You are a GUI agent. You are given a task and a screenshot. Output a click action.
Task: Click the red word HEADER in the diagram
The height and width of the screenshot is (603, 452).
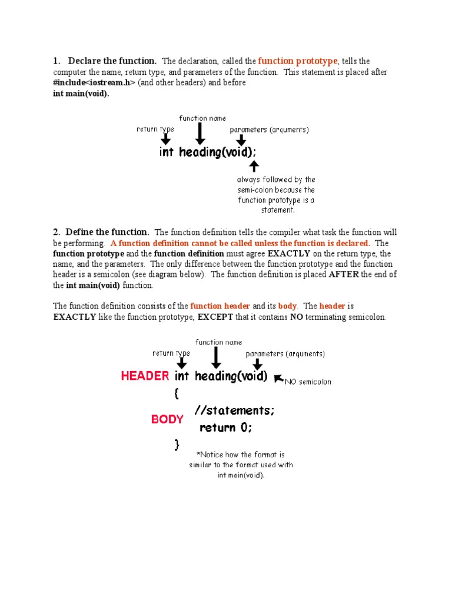[145, 376]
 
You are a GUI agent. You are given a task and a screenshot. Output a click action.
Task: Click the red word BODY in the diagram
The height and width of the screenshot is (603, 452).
[167, 419]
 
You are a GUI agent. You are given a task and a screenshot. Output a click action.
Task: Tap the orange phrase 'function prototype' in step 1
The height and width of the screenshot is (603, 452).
[297, 61]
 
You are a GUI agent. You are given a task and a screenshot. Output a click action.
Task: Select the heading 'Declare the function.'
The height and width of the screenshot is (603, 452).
[112, 61]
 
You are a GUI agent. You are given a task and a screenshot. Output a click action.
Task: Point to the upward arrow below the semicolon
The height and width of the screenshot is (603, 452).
[254, 165]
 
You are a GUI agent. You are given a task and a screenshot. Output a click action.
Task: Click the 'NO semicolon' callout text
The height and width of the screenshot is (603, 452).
[308, 382]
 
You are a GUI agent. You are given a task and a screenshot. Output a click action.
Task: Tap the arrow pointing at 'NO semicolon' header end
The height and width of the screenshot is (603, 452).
[279, 379]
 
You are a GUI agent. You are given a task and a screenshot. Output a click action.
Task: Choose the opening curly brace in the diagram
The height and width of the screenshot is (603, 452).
[177, 395]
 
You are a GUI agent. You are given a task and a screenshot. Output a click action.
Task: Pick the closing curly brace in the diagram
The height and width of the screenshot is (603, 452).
[177, 444]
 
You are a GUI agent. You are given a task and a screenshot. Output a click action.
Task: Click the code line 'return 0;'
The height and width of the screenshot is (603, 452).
[226, 428]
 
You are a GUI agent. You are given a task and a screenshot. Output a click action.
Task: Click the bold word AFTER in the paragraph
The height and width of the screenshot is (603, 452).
[344, 275]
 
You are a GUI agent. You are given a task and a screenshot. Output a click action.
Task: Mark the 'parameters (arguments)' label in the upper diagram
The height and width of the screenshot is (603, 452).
[269, 130]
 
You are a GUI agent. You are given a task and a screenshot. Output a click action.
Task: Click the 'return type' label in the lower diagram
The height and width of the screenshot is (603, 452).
[171, 353]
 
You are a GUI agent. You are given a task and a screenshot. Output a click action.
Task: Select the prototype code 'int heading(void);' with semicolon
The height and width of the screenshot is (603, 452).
[208, 153]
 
